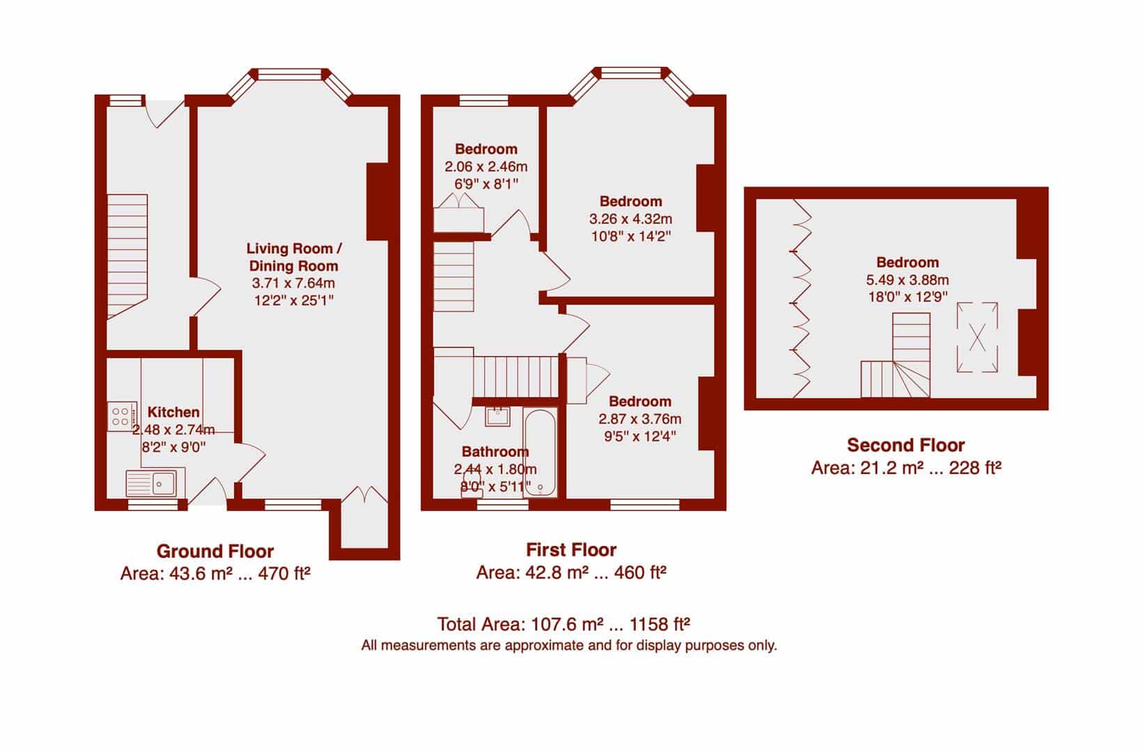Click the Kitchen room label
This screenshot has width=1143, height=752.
[173, 412]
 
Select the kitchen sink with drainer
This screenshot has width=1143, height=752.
[155, 483]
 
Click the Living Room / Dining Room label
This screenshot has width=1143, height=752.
[294, 257]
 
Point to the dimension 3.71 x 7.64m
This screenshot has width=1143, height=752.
[293, 283]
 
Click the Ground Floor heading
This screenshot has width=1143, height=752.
[215, 551]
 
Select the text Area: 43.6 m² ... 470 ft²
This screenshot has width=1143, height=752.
[215, 574]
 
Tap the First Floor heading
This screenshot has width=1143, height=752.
[571, 550]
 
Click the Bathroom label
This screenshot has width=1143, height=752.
[495, 451]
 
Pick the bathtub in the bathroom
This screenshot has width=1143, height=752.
[540, 452]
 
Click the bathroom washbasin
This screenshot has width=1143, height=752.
[497, 416]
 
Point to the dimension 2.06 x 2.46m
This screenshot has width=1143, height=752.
[485, 167]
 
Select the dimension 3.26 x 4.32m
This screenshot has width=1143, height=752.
[630, 219]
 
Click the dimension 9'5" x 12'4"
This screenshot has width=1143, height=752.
[640, 436]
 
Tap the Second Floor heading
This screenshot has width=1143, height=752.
[905, 446]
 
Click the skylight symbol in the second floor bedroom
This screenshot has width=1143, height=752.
[977, 337]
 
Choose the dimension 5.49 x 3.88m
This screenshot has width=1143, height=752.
[908, 280]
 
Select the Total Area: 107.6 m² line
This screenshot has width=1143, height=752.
[563, 624]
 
